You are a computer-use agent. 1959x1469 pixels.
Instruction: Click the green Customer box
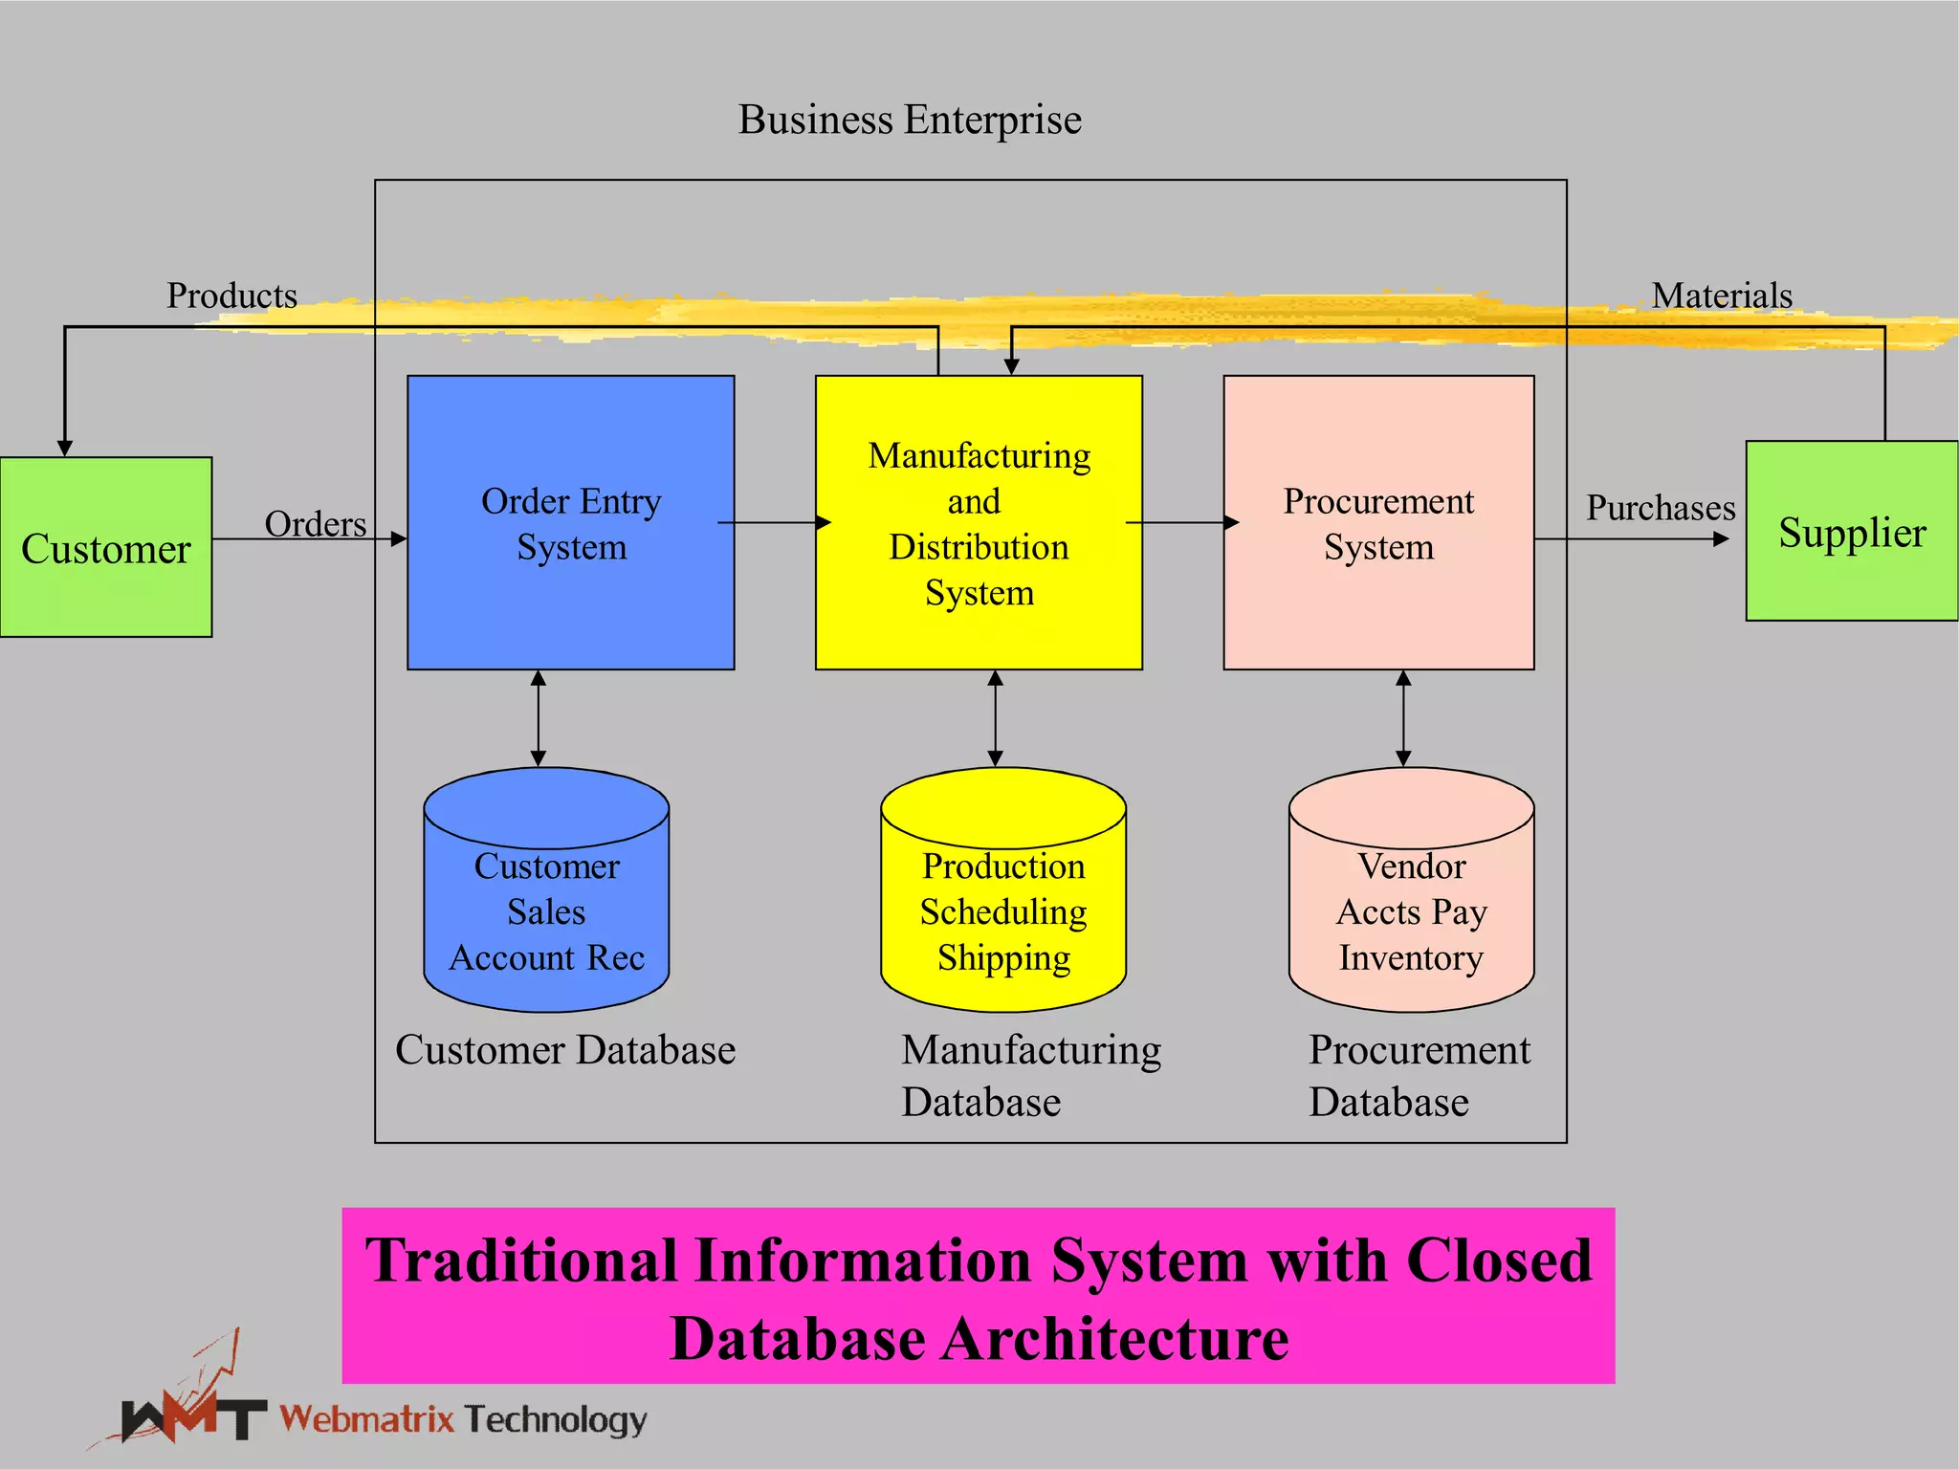click(105, 547)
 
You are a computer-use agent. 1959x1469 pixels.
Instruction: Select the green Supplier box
click(1851, 532)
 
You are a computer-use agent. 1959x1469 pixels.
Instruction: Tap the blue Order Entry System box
click(571, 523)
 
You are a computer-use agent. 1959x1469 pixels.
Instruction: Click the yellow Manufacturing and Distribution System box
click(979, 523)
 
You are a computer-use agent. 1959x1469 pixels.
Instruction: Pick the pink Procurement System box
click(1378, 523)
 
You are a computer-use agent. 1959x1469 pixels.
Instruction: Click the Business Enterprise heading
click(910, 121)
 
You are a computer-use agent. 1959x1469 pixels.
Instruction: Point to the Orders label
click(315, 524)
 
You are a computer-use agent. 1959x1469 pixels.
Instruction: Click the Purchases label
click(1661, 508)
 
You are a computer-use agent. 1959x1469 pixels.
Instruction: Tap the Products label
click(231, 296)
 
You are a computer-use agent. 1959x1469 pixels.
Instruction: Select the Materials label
click(1722, 296)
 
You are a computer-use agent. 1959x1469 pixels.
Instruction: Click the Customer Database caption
click(565, 1050)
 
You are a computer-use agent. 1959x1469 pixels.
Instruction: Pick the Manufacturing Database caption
click(1030, 1076)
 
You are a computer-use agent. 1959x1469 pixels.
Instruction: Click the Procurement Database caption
click(1419, 1076)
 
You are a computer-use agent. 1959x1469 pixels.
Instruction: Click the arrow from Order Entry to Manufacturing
click(775, 522)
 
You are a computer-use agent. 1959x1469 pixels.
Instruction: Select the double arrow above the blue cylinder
click(539, 718)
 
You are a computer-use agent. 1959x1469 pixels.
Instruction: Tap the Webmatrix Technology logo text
click(463, 1419)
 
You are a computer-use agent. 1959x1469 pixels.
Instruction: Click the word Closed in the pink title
click(1498, 1261)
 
